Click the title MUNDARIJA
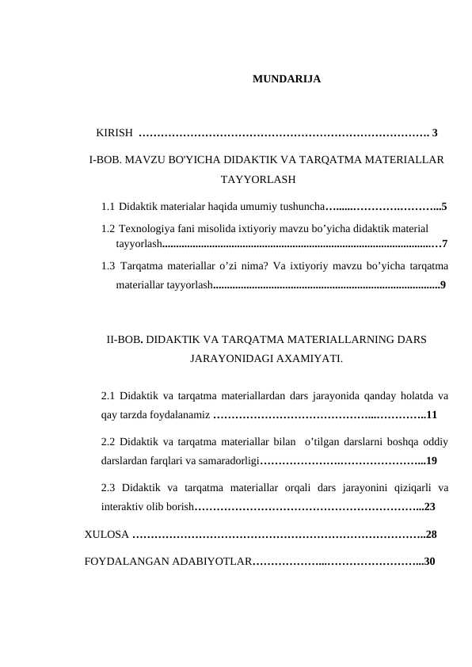pos(287,79)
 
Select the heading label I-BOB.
pos(105,159)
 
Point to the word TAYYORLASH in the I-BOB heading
pos(258,179)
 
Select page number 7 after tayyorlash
pos(446,243)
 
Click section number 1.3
pos(109,265)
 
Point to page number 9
pos(442,284)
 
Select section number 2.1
pos(109,394)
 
